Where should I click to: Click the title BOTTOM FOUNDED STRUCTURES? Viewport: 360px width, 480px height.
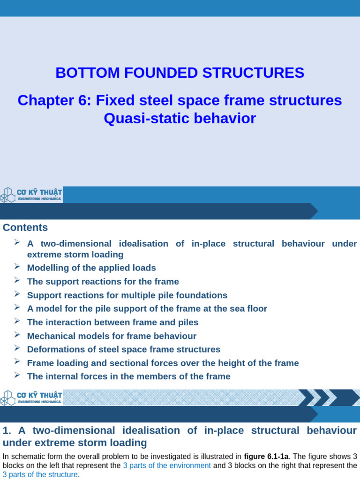[180, 73]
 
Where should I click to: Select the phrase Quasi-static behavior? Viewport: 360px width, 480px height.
[180, 119]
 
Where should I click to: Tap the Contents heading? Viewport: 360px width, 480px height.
[25, 228]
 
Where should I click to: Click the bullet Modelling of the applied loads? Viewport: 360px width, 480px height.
[91, 268]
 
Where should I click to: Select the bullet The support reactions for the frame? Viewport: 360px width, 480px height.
[103, 282]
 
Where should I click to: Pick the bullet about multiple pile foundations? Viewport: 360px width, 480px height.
[127, 295]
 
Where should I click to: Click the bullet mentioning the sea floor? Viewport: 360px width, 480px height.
[147, 309]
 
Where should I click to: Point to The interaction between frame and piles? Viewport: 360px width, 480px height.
[112, 322]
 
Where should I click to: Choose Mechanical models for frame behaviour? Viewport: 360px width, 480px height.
[112, 336]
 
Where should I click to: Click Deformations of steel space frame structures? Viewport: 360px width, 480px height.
[123, 350]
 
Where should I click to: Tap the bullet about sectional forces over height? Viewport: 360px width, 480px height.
[163, 363]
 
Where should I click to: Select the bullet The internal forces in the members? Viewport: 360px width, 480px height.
[128, 376]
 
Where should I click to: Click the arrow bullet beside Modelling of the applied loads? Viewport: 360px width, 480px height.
[17, 267]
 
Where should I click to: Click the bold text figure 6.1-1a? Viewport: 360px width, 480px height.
[266, 456]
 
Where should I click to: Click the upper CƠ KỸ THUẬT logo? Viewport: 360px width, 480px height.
[31, 195]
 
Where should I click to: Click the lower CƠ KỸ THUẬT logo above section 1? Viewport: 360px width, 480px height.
[31, 397]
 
